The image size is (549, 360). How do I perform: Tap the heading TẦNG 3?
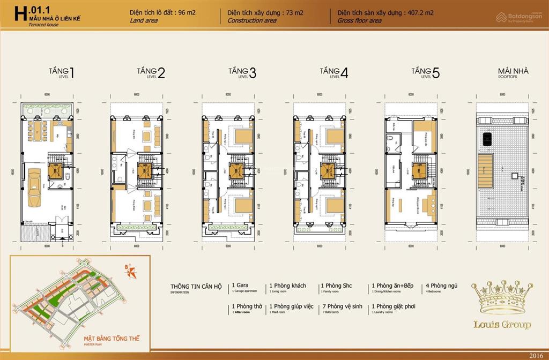[242, 72]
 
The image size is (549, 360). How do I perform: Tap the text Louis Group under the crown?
[502, 324]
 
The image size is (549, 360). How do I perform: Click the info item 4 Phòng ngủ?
[441, 286]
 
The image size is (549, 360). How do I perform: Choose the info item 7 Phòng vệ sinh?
[339, 306]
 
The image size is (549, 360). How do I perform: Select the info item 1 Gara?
[240, 286]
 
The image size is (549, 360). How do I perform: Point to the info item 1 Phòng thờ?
[244, 306]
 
